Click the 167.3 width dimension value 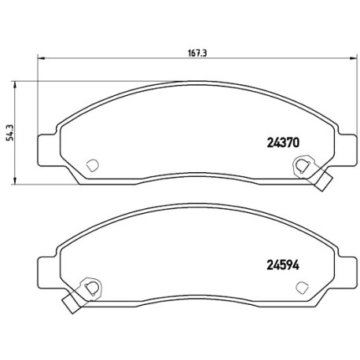[197, 53]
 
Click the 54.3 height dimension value [10, 133]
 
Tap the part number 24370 [283, 143]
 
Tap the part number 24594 [283, 266]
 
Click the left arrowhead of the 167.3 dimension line [42, 58]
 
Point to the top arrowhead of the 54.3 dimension [15, 85]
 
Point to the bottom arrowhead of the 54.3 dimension [15, 181]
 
